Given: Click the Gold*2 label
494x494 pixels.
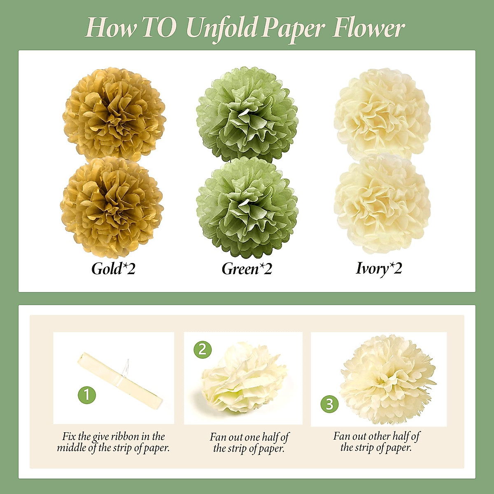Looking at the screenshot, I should tap(113, 269).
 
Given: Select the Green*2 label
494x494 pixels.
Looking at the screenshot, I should tap(247, 269).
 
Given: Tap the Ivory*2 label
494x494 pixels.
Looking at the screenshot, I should tap(379, 268).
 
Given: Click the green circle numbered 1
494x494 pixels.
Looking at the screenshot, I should tap(87, 395).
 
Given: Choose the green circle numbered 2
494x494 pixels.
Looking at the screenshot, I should tap(203, 349).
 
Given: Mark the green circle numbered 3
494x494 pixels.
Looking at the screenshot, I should tap(329, 404).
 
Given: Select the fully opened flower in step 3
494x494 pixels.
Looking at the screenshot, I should tap(387, 379).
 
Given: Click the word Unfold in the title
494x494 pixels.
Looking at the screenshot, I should tap(221, 28).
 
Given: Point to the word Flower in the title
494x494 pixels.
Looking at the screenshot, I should tap(368, 28).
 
